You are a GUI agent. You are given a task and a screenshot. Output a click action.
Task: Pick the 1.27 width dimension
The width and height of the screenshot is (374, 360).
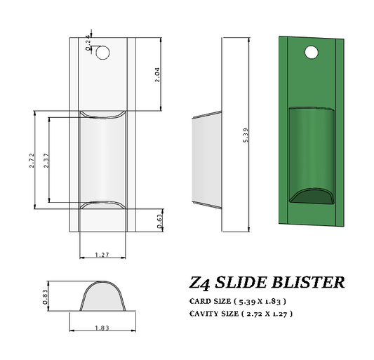102,255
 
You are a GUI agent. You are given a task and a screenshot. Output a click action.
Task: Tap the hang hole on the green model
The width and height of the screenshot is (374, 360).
312,52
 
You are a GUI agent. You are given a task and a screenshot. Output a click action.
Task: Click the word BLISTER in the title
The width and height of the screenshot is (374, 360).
309,283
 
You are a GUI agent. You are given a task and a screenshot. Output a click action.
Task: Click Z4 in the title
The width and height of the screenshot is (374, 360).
201,283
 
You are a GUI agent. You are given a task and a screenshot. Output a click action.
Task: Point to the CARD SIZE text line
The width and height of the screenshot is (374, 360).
237,301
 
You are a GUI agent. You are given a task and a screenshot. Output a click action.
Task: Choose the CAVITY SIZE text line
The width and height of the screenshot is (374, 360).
241,314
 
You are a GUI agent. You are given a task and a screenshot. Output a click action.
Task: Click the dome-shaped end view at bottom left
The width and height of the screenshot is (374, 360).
102,299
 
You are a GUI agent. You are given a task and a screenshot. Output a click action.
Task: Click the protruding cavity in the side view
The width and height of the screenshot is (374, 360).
206,160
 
